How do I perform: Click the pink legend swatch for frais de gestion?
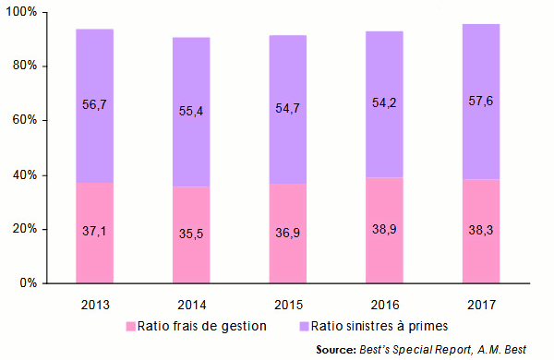click(131, 326)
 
